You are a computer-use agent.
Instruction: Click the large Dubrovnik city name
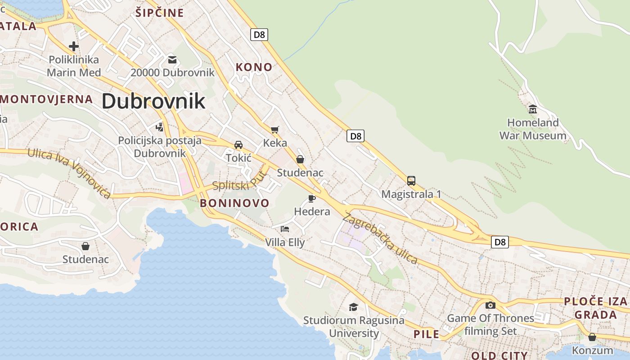[x=153, y=101]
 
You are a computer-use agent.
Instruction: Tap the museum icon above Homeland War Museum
[x=533, y=109]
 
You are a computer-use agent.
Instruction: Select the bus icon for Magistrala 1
[x=411, y=181]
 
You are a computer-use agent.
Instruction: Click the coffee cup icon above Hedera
[x=311, y=198]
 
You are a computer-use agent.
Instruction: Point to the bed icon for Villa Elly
[x=284, y=229]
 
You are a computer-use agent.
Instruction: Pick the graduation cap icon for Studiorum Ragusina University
[x=353, y=307]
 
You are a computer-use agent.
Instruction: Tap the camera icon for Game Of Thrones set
[x=490, y=305]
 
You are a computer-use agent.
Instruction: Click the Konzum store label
[x=592, y=350]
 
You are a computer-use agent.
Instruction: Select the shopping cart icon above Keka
[x=274, y=130]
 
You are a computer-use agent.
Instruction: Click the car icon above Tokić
[x=238, y=145]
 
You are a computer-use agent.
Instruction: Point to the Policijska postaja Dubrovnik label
[x=160, y=147]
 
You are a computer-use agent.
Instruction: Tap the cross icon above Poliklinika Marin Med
[x=74, y=46]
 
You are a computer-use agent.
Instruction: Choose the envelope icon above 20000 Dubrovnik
[x=172, y=59]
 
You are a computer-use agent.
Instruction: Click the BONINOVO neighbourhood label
[x=234, y=203]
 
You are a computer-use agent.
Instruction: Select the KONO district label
[x=254, y=67]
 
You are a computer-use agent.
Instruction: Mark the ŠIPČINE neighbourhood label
[x=159, y=13]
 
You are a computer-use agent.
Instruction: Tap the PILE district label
[x=426, y=334]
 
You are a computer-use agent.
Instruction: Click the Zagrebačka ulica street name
[x=380, y=238]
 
